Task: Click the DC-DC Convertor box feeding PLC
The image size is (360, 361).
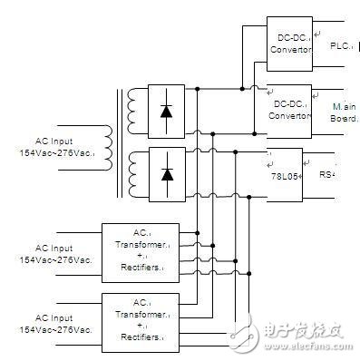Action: pos(289,44)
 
